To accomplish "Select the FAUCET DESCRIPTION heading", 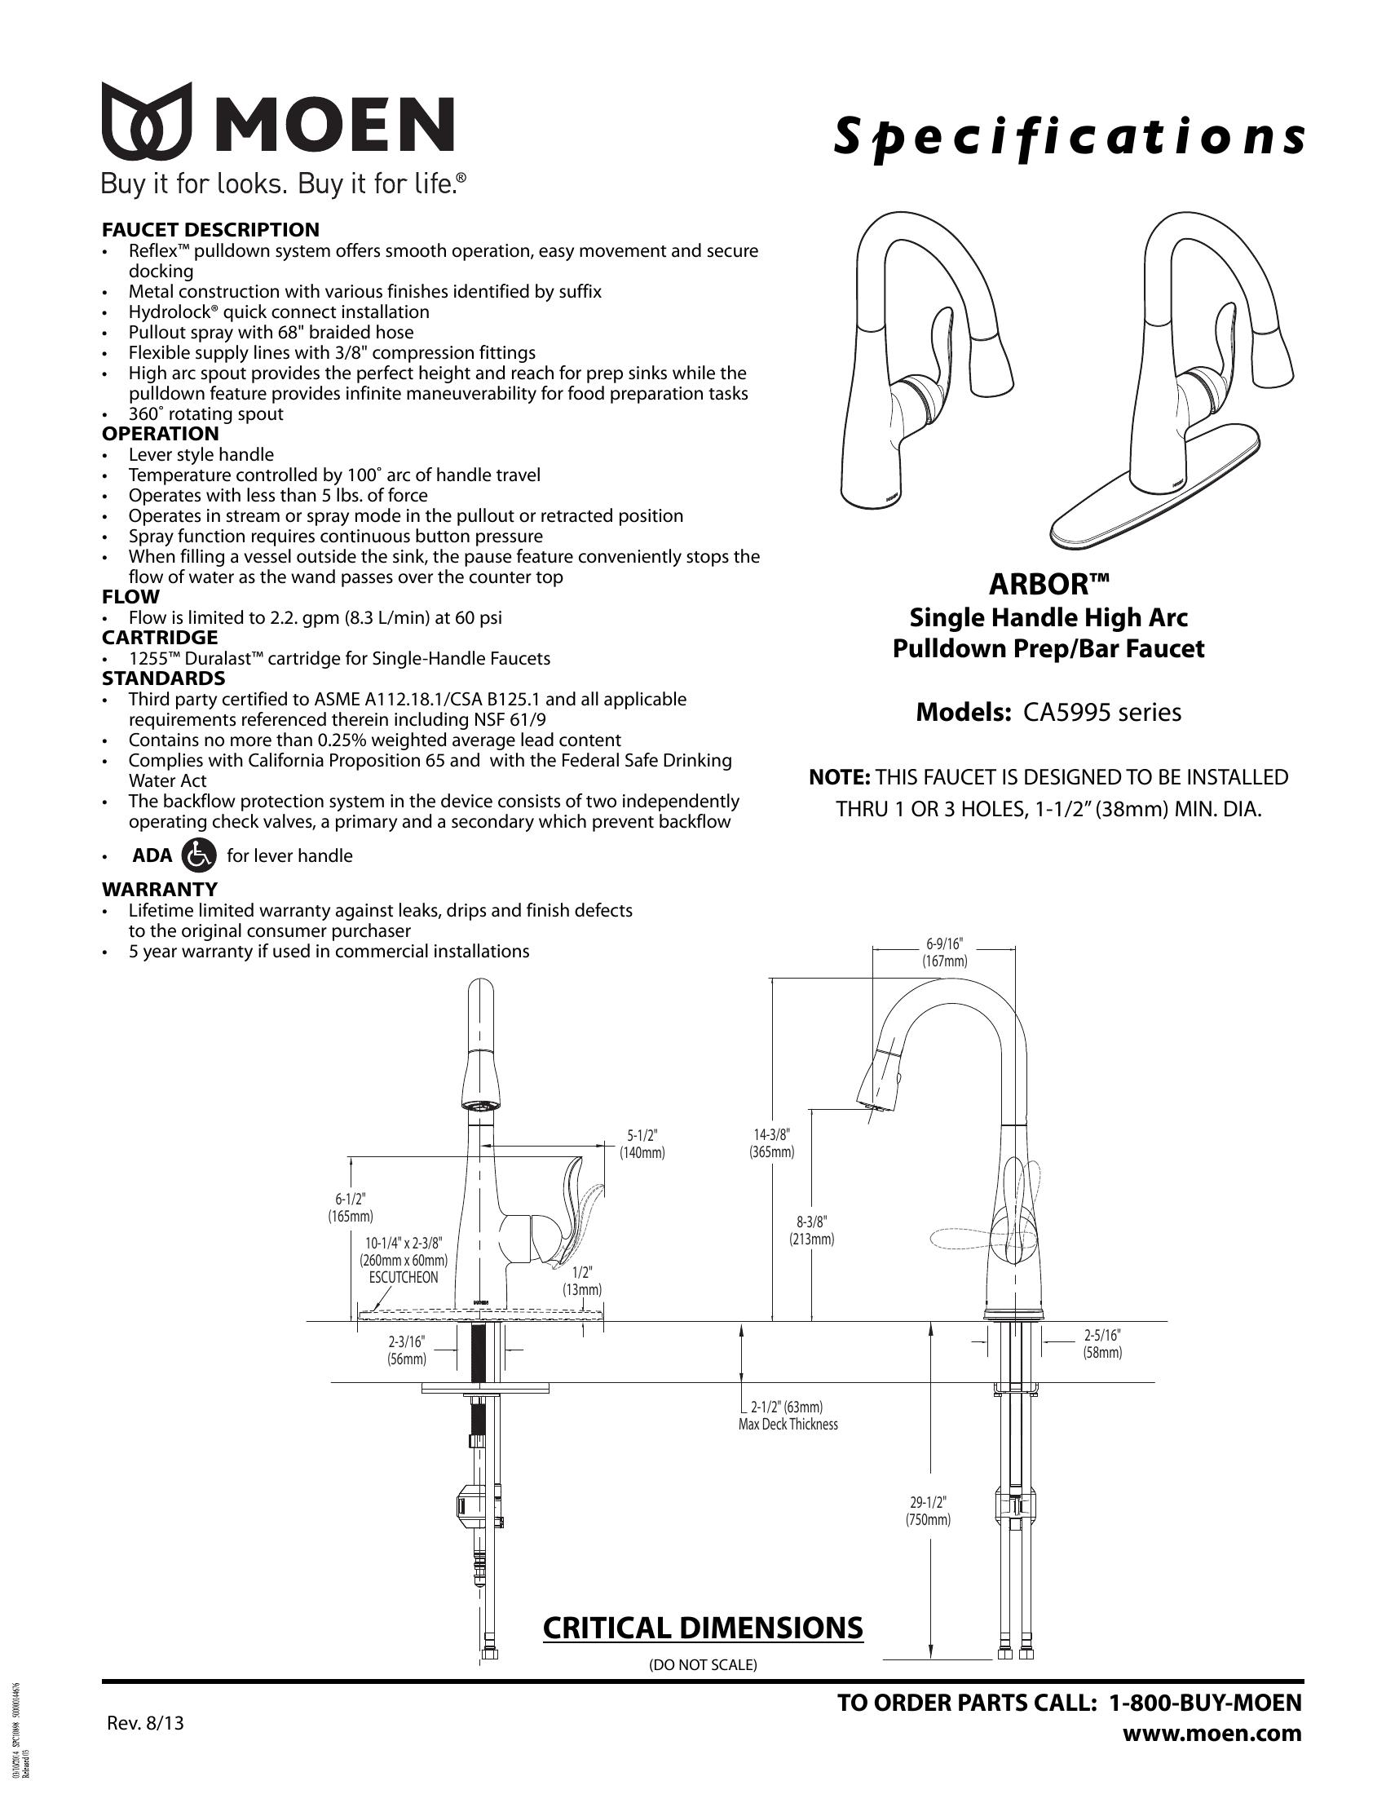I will [210, 229].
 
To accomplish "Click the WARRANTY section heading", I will [159, 889].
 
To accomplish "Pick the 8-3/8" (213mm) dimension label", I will [811, 1231].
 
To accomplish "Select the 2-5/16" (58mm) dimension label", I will [1102, 1344].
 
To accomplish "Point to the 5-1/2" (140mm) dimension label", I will [642, 1143].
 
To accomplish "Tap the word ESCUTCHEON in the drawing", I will [403, 1277].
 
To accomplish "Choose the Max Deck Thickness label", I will [788, 1425].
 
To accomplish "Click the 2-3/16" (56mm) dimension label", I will [407, 1350].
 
